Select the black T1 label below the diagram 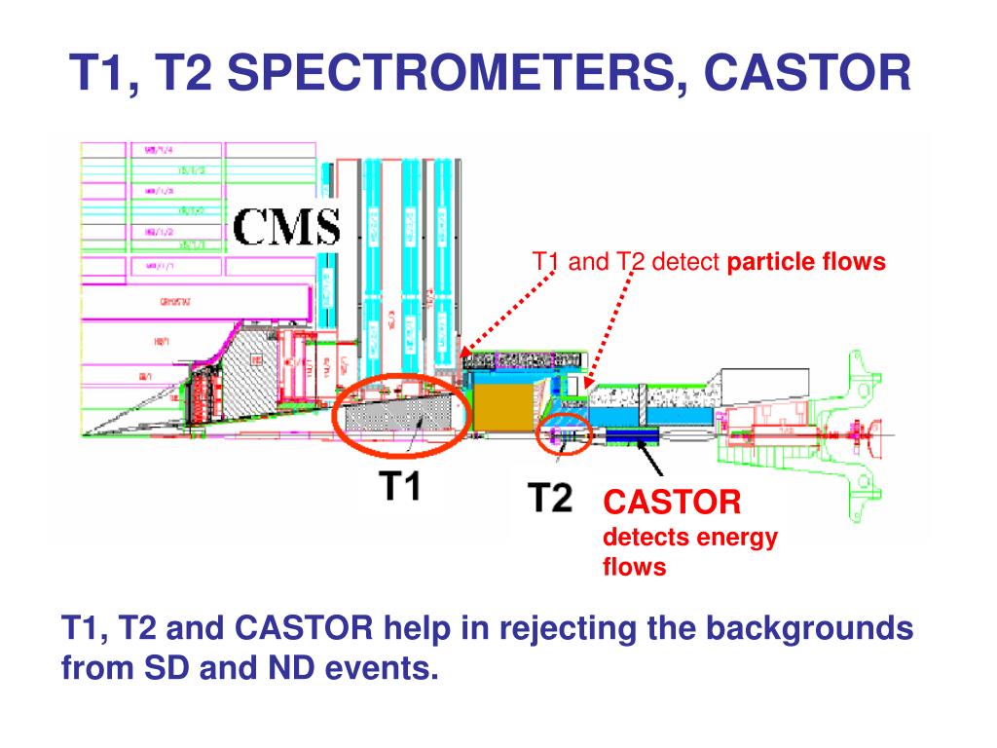click(398, 486)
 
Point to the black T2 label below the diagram click(550, 498)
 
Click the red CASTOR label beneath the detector click(672, 503)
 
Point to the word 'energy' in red click(736, 537)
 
